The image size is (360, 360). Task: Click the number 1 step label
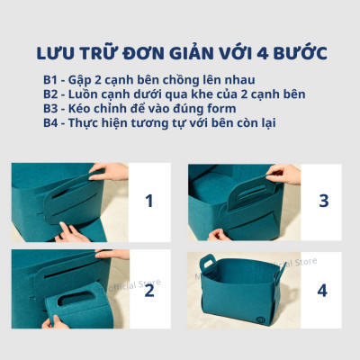149,200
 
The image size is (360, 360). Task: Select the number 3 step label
322,200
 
